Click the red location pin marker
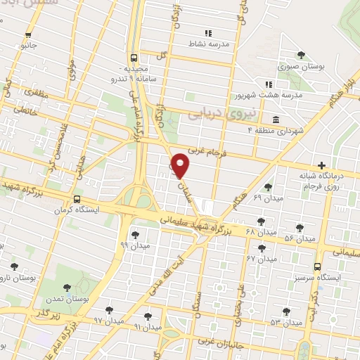(181, 165)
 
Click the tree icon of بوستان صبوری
(301, 55)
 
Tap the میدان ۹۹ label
(134, 245)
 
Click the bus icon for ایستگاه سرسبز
(318, 266)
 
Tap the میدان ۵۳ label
(285, 321)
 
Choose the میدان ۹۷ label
(109, 320)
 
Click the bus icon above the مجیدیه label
(134, 58)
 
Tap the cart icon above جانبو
(28, 35)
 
